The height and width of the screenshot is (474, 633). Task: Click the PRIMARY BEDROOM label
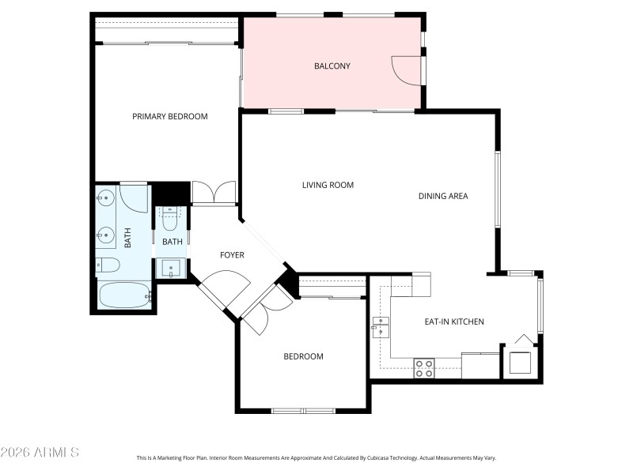pyautogui.click(x=169, y=116)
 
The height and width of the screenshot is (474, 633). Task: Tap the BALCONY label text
pyautogui.click(x=332, y=66)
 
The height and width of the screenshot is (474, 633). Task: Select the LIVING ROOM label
pyautogui.click(x=328, y=185)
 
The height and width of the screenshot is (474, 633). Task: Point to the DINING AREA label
pyautogui.click(x=443, y=196)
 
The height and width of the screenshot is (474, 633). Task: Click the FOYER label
pyautogui.click(x=232, y=255)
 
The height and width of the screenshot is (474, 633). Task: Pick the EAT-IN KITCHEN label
pyautogui.click(x=454, y=322)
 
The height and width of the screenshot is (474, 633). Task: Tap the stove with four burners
pyautogui.click(x=425, y=367)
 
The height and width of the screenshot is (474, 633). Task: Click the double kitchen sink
pyautogui.click(x=381, y=326)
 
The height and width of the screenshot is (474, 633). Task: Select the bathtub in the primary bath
pyautogui.click(x=124, y=297)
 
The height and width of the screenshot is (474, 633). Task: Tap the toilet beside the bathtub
pyautogui.click(x=108, y=265)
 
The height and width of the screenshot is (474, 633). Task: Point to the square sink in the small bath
pyautogui.click(x=173, y=269)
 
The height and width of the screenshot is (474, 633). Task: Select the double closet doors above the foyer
pyautogui.click(x=214, y=193)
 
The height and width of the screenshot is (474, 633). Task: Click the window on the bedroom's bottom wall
pyautogui.click(x=303, y=410)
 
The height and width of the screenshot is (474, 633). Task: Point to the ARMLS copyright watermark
pyautogui.click(x=40, y=453)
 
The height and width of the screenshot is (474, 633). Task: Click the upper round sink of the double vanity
pyautogui.click(x=106, y=197)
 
